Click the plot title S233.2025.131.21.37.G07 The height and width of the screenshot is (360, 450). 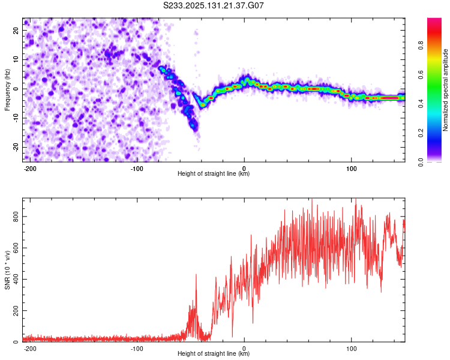(213, 5)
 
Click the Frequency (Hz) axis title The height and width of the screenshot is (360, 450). (7, 90)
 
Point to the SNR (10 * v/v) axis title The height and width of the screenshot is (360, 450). (7, 270)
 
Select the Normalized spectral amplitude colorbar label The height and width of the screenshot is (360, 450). (445, 90)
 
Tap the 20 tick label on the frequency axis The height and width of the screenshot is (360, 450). (16, 30)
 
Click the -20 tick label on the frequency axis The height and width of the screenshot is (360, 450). (16, 148)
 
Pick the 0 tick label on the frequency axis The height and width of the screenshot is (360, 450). (16, 89)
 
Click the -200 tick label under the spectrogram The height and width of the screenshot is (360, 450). (30, 169)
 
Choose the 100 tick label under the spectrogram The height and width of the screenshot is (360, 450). (351, 169)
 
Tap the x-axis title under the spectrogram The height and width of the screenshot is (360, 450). (214, 173)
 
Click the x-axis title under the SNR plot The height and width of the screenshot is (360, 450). (214, 353)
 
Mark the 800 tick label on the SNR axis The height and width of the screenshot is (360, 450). (16, 217)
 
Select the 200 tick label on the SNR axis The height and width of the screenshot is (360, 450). (16, 311)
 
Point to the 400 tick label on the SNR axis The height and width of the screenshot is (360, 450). (16, 280)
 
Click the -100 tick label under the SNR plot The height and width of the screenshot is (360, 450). (137, 349)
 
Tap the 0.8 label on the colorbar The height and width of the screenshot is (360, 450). (421, 46)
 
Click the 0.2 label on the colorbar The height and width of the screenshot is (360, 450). (421, 133)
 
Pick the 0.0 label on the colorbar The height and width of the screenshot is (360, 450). (421, 162)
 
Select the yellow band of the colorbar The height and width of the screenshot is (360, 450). (434, 60)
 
